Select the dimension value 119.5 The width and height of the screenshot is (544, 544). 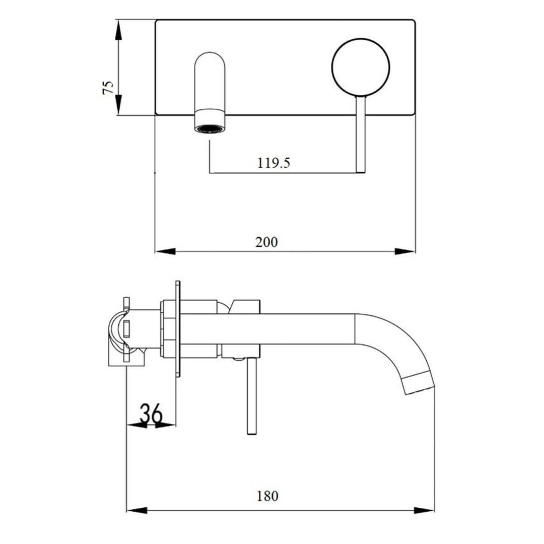(274, 163)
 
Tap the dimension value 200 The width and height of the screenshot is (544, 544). (266, 242)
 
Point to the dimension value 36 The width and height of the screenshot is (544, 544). (151, 414)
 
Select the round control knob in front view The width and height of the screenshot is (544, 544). (361, 66)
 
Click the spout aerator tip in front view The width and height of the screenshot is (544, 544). (210, 128)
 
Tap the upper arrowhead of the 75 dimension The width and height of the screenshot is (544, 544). (118, 31)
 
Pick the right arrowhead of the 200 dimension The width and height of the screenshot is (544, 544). (405, 251)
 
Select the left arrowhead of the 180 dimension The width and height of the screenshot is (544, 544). (137, 510)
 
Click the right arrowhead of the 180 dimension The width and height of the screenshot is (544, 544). (424, 510)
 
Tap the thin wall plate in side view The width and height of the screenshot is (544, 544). (177, 328)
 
